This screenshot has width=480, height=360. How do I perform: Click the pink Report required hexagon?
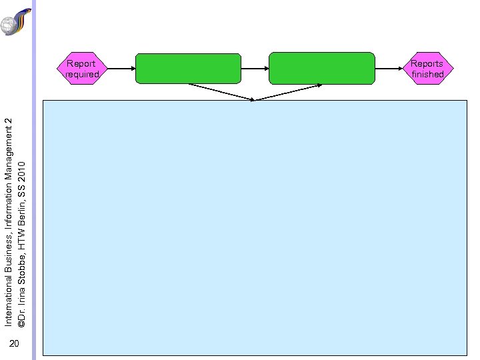(x=81, y=69)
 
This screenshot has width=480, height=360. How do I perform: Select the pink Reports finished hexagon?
(x=427, y=69)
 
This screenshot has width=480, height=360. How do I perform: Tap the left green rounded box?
(x=188, y=69)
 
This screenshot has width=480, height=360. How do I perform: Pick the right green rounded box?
(x=321, y=68)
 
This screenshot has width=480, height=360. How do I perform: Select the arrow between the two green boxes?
(x=255, y=69)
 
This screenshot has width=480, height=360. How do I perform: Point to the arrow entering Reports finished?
(x=389, y=69)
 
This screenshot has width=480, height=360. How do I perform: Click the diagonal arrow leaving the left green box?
(x=220, y=92)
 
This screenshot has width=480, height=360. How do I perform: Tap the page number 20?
(x=15, y=344)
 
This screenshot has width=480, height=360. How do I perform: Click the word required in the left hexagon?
(x=82, y=75)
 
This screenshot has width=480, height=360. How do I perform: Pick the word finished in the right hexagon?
(x=427, y=75)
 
